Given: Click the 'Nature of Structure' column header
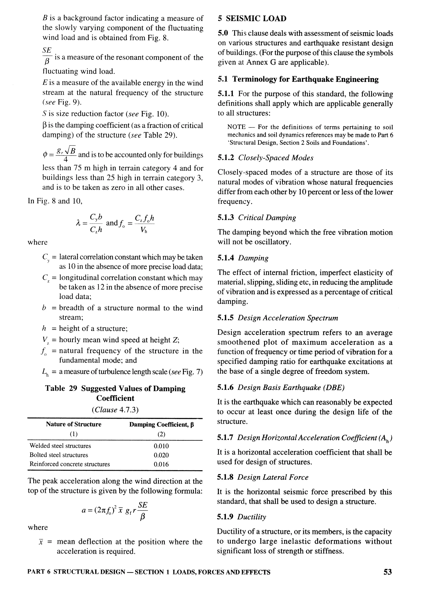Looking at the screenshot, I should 74,424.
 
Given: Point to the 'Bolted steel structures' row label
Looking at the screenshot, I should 59,455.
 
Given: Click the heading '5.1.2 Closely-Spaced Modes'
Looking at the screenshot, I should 265,158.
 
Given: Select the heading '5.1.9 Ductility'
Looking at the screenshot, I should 241,517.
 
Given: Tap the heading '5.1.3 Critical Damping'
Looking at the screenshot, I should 256,217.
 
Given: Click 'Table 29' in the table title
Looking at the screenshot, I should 61,388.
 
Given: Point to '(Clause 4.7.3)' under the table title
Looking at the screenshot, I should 115,410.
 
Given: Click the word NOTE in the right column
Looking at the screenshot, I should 236,127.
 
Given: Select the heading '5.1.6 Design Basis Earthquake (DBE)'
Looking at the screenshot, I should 280,388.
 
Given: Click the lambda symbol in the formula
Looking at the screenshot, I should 78,223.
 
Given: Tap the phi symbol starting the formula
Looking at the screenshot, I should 45,155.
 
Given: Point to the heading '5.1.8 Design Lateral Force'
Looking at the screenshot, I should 262,477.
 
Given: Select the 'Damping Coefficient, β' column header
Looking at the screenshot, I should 162,424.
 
